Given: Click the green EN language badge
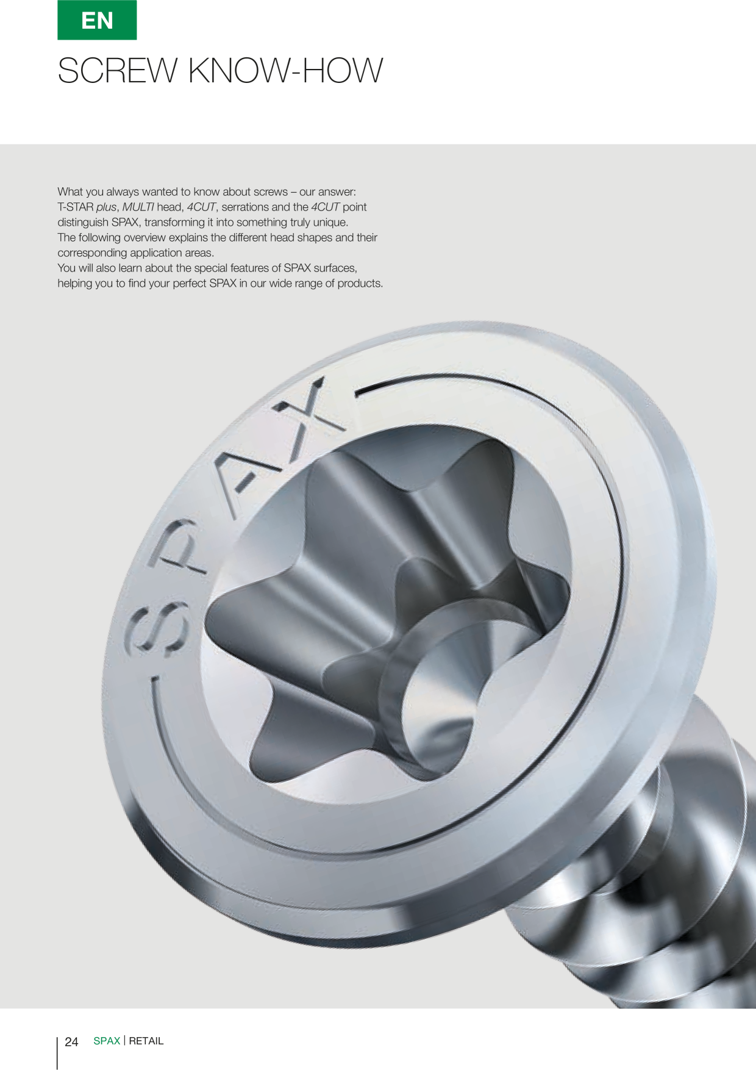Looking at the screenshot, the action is (97, 20).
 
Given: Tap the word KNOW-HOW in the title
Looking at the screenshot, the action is (286, 71).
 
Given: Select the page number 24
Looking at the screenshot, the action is (71, 1041).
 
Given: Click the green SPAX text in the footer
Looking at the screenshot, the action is (107, 1041).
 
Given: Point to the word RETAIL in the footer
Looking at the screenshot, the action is (146, 1041).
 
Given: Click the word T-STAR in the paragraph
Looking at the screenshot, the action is (76, 207).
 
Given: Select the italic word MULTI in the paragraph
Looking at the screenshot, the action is (138, 207).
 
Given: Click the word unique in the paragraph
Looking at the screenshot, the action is (330, 222).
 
